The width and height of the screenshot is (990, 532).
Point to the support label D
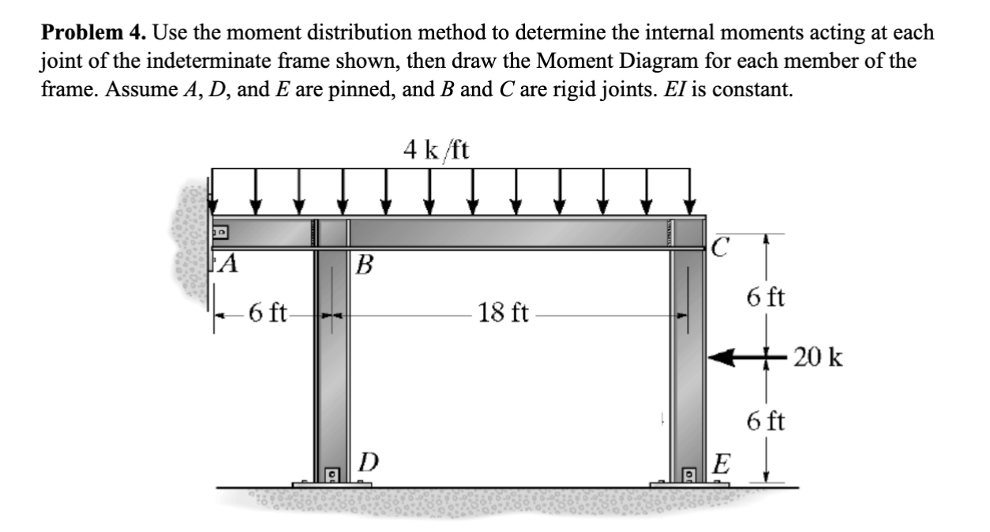point(368,460)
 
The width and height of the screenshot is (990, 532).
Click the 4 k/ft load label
point(435,148)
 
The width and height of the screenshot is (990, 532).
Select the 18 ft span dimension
point(504,313)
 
